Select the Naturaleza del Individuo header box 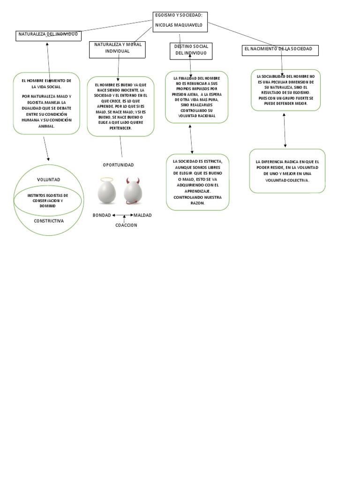48,36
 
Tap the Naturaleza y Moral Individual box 118,49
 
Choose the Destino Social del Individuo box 191,51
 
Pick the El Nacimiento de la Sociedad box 280,50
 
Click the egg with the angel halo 106,191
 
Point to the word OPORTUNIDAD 118,165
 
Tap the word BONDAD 102,215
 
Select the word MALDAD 142,215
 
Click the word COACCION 126,225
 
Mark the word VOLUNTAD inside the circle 48,180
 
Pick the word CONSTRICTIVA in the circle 48,220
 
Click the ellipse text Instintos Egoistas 48,200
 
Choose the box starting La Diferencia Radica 287,171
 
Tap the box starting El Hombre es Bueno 120,106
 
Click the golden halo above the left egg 107,179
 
